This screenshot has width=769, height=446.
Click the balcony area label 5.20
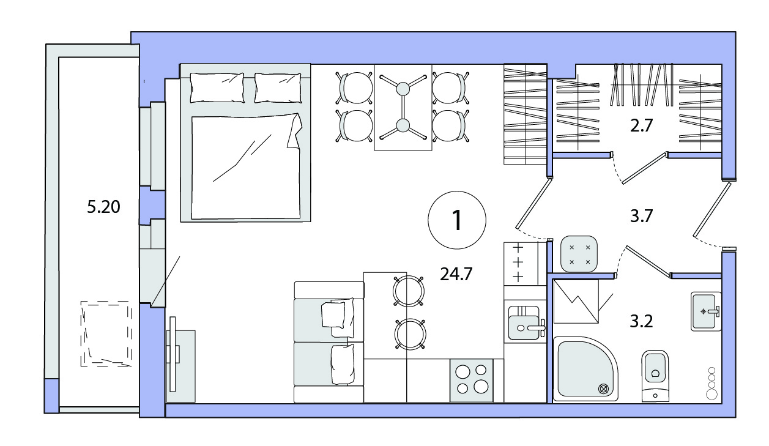103,207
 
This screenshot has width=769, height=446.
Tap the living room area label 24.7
456,274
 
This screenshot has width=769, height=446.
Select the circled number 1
456,220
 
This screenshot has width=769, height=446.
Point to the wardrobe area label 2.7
641,125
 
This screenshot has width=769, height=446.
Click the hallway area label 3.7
641,217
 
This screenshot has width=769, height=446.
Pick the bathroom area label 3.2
641,321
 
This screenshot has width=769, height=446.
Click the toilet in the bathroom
655,376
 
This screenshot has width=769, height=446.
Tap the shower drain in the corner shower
603,389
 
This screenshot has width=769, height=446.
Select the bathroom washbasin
706,311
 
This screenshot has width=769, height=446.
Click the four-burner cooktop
471,381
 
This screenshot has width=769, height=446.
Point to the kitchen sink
525,323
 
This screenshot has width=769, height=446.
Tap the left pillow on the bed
217,87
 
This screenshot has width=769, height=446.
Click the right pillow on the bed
278,87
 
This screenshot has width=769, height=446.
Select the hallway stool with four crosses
579,254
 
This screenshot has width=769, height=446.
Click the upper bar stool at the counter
409,291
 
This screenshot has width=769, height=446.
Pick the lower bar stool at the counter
411,334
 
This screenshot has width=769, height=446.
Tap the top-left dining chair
355,87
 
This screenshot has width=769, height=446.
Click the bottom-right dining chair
450,125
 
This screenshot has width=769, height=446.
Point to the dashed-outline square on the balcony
106,333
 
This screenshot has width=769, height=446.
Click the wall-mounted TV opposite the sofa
173,354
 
